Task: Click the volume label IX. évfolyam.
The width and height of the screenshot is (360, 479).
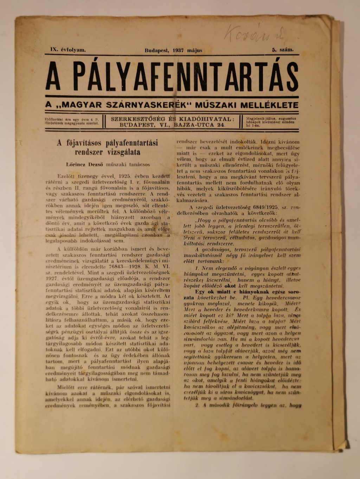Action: point(68,50)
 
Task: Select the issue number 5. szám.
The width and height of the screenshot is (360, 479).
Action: point(282,50)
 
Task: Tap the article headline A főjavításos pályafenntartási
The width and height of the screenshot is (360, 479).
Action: point(108,143)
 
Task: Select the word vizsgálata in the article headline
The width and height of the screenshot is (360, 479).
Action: point(124,152)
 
